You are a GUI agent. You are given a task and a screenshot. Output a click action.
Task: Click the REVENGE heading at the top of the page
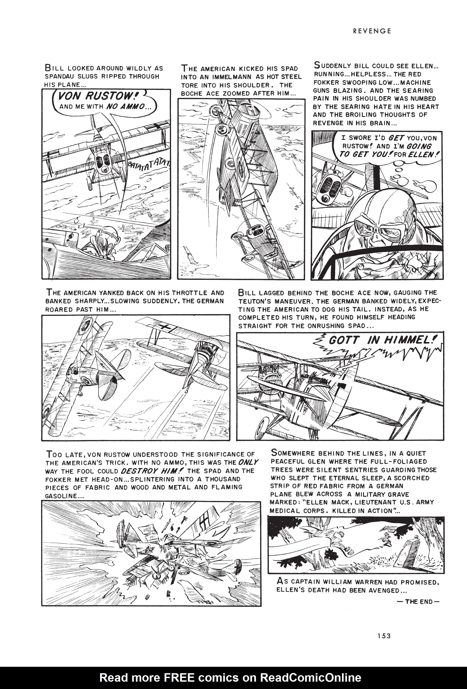coord(372,31)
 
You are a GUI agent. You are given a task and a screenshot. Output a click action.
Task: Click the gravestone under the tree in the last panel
coord(409,551)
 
